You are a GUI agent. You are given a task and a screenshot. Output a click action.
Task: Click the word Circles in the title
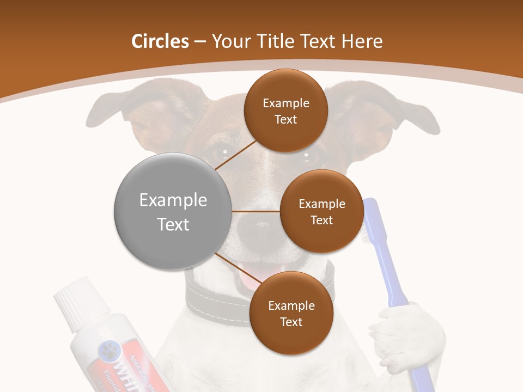click(x=160, y=41)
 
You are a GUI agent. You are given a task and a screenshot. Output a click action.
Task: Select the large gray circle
click(x=173, y=212)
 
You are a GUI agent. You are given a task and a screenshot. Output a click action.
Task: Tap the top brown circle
click(x=286, y=111)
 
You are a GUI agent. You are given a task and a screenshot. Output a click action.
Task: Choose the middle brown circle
click(x=321, y=211)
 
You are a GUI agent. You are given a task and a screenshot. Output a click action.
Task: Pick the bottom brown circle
click(x=291, y=313)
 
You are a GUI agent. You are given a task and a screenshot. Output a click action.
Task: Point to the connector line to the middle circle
click(x=256, y=211)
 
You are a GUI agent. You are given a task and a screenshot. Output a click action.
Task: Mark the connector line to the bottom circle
click(x=235, y=265)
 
